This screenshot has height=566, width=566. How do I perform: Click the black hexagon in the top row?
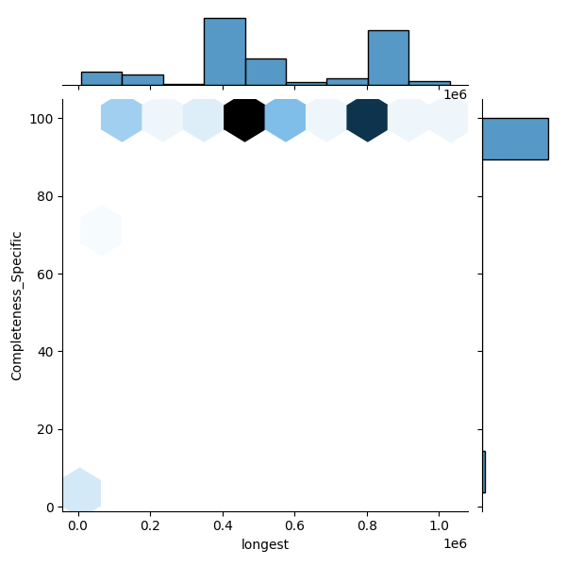tap(244, 119)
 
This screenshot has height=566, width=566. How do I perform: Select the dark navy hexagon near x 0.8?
tap(367, 119)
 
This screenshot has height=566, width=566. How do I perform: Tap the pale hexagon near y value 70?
tap(101, 230)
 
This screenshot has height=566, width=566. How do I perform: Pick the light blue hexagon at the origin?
tap(81, 491)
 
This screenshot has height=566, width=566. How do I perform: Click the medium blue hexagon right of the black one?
tap(285, 119)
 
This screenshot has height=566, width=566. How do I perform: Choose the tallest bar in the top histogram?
tap(225, 52)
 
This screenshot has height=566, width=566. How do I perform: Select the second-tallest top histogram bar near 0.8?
tap(388, 58)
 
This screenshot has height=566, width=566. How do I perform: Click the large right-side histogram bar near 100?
tap(515, 139)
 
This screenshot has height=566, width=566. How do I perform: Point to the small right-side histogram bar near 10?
tap(484, 472)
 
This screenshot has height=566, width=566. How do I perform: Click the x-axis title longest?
tap(265, 543)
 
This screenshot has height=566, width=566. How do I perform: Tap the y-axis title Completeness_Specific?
tap(17, 306)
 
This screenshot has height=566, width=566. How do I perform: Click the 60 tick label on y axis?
tap(43, 274)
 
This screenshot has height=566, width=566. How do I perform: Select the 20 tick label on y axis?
tap(43, 429)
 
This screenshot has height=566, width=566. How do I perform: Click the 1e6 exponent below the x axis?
tap(455, 543)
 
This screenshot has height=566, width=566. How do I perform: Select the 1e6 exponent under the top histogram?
tap(455, 95)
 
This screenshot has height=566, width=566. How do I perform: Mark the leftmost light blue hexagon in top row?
tap(121, 119)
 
